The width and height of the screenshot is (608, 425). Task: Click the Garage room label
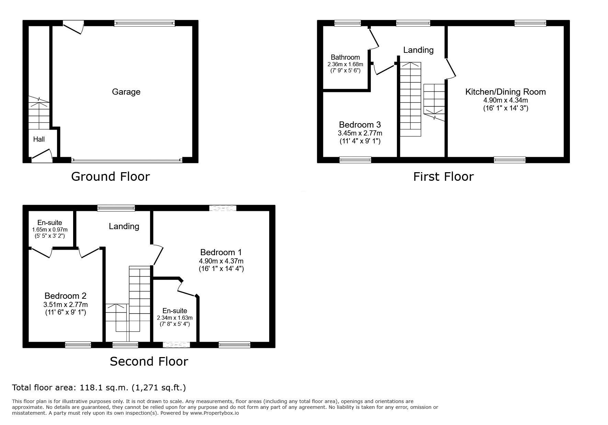[x=126, y=92]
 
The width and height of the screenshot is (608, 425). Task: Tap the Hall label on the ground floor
[x=39, y=139]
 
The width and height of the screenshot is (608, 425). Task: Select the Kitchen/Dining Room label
[x=505, y=92]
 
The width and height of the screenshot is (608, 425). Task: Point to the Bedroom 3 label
[x=360, y=125]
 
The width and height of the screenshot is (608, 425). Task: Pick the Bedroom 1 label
[x=221, y=252]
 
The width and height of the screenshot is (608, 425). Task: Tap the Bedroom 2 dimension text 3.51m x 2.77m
[x=65, y=305]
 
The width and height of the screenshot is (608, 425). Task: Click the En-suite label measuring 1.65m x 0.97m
[x=50, y=223]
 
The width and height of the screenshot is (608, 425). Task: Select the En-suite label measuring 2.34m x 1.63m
[x=175, y=311]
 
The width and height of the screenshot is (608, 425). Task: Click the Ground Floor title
[x=110, y=176]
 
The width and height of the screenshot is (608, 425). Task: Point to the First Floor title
[x=443, y=176]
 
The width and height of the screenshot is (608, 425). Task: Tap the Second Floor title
[x=149, y=361]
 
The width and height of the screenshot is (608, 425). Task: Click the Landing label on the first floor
[x=418, y=50]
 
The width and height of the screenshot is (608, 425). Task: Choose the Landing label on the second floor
[x=124, y=226]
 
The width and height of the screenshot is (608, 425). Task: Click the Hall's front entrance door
[x=42, y=154]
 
